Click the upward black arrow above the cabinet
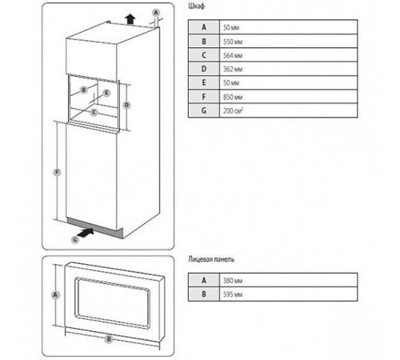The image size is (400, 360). point(130,19)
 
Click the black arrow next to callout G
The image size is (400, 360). point(86,233)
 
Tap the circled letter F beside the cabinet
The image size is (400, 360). point(57,172)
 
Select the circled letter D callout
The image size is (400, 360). point(126,105)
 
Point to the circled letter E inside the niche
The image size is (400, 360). point(106,93)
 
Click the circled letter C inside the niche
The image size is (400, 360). point(94,112)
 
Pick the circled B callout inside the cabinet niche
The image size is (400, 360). point(84,90)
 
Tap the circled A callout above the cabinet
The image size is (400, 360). point(156,13)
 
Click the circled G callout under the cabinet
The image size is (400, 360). point(75,240)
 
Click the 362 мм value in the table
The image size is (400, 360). point(233,69)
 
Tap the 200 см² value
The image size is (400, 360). point(233,110)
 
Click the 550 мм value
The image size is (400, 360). point(233,42)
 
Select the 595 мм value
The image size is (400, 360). point(233,294)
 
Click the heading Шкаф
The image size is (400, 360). point(197,6)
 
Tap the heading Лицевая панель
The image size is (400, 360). point(211,259)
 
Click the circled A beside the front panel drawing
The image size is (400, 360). point(55,295)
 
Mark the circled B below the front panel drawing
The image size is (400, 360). point(109,339)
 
